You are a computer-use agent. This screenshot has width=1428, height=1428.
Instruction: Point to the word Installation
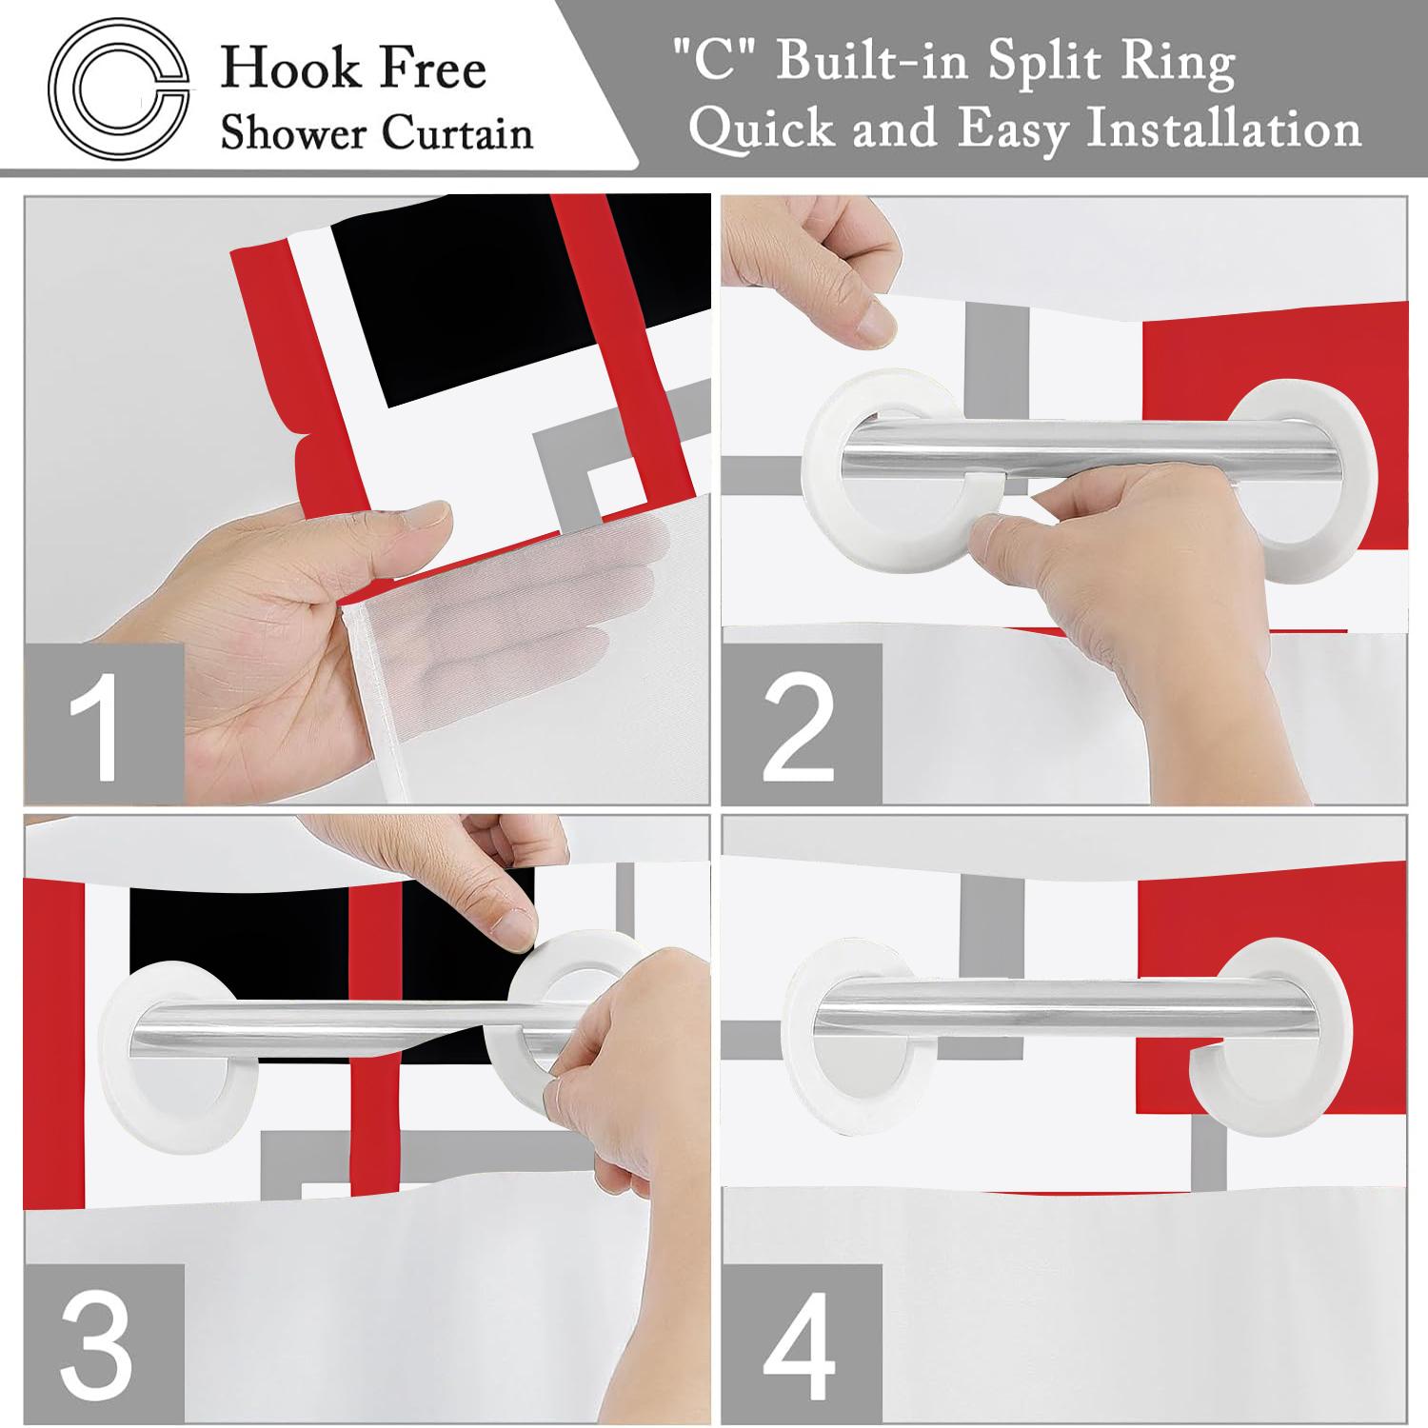[1224, 129]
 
